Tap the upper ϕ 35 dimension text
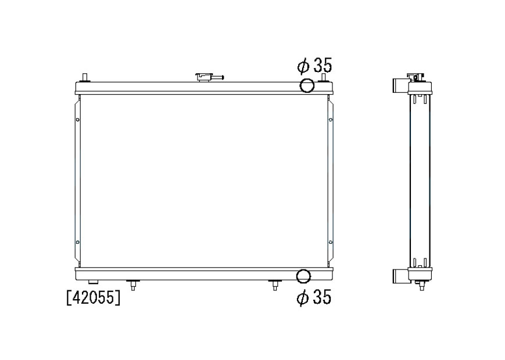click(314, 66)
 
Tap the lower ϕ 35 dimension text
click(314, 297)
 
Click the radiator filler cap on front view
click(209, 78)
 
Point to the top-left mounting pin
click(85, 78)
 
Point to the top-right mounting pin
click(323, 78)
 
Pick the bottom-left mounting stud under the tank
click(132, 285)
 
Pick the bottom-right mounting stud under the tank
click(275, 285)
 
